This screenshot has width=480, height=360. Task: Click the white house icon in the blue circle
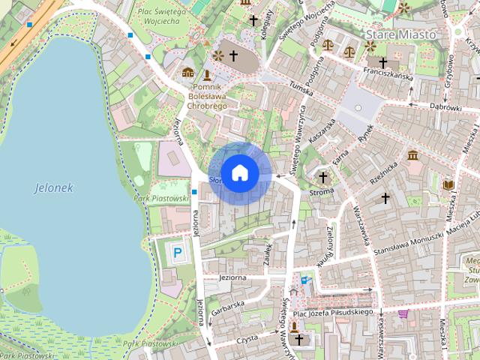[239, 172]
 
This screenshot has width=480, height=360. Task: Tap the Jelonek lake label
[54, 188]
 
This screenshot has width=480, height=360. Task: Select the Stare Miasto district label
[400, 34]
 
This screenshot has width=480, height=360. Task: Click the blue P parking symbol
[178, 253]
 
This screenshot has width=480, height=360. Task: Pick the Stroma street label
[322, 192]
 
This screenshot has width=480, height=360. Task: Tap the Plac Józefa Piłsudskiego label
[334, 312]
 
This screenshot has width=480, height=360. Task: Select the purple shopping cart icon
[404, 313]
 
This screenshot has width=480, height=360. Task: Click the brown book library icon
[448, 184]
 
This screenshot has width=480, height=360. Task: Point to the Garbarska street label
[228, 304]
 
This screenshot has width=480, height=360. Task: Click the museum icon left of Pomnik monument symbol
[187, 73]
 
